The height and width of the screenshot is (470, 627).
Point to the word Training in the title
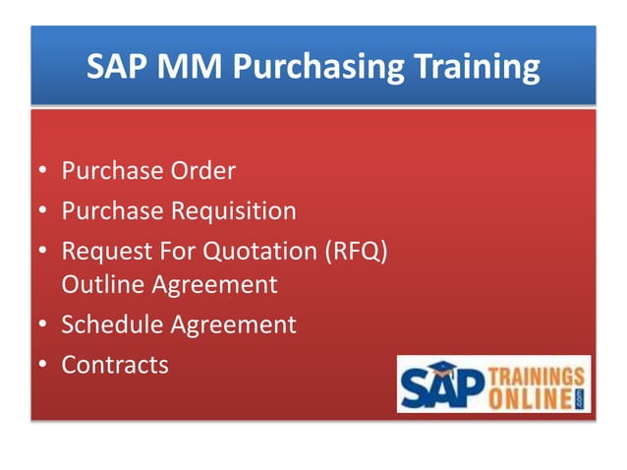472,68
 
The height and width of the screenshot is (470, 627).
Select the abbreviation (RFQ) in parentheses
357,252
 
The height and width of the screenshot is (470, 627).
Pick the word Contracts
115,365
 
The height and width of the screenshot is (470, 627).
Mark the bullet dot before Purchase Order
43,173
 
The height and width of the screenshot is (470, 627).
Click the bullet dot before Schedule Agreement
43,325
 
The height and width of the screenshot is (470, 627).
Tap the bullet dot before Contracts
43,366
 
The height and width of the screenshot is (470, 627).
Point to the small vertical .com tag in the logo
581,397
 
